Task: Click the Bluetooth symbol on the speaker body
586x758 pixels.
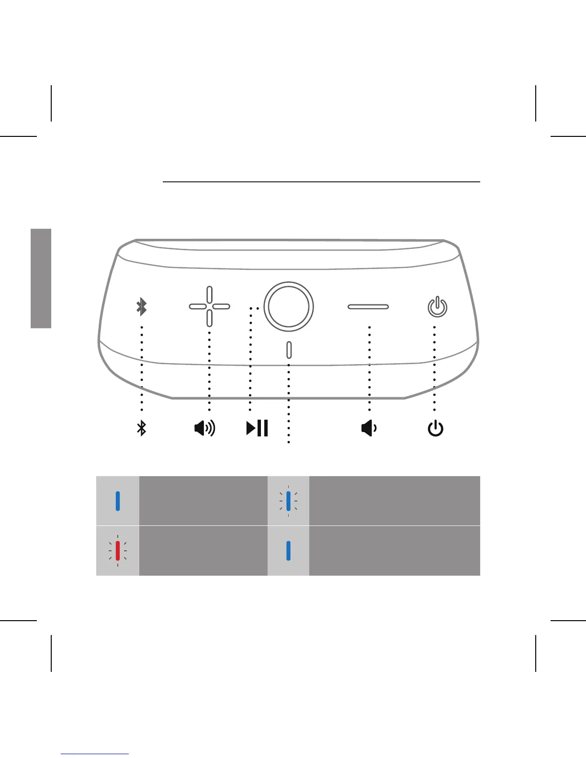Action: click(141, 307)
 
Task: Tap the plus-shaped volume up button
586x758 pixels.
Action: click(209, 306)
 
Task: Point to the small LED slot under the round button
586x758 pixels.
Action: click(289, 350)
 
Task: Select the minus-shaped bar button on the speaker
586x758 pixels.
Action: click(368, 306)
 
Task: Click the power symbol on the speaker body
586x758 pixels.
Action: click(437, 307)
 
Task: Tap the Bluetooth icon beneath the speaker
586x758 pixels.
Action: click(141, 428)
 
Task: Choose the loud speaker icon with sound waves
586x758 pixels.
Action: click(205, 428)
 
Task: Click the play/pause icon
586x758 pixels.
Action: click(257, 428)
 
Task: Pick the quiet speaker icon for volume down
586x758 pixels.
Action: click(369, 428)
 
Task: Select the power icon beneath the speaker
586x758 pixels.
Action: click(435, 428)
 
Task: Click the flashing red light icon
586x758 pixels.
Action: click(118, 551)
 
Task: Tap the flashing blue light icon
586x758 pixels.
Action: click(288, 501)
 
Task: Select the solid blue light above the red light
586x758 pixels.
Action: click(118, 501)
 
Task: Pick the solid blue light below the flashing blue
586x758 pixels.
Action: click(288, 551)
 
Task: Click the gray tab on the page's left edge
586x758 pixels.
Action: click(41, 278)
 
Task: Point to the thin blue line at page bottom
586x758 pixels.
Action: click(95, 754)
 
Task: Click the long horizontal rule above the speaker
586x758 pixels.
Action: click(321, 182)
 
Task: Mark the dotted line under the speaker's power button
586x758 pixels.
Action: click(434, 368)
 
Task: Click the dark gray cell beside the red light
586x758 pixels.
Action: click(203, 551)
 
